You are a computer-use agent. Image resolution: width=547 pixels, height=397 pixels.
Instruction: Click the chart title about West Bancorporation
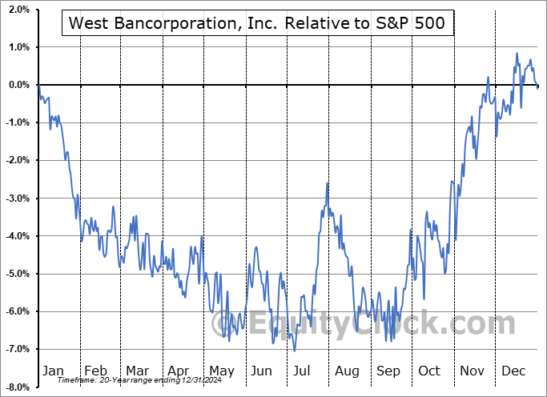(258, 24)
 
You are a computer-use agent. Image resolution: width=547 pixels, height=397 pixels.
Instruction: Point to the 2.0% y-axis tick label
(19, 9)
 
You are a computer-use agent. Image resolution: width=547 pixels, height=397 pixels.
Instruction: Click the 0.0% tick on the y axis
(19, 85)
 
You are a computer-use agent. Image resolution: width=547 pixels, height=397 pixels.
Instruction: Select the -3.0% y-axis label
(18, 198)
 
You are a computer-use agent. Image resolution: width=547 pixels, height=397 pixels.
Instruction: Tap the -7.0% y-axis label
(18, 349)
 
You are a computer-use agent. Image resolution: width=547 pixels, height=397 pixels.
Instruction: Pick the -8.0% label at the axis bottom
(18, 387)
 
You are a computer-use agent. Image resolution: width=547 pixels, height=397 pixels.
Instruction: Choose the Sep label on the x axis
(389, 371)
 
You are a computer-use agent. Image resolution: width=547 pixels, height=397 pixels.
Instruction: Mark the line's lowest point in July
(295, 351)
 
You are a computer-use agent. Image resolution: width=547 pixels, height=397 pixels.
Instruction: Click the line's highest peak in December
(517, 54)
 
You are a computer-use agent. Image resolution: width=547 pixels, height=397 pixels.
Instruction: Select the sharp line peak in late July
(328, 183)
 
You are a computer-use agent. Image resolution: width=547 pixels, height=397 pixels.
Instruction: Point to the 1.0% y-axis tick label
(19, 47)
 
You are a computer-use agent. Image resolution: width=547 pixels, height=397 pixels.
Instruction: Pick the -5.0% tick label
(18, 274)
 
